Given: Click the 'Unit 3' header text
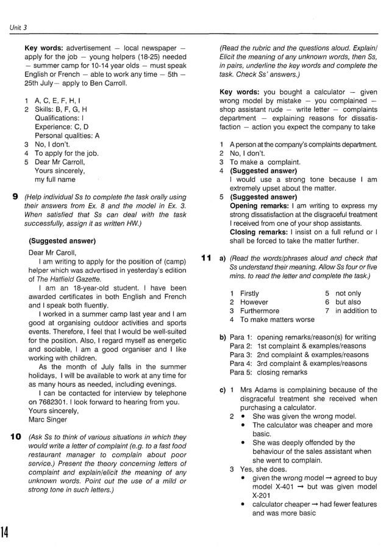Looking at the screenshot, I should (x=18, y=27).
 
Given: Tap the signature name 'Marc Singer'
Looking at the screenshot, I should (x=49, y=419).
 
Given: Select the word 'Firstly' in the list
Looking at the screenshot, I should (x=249, y=293).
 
